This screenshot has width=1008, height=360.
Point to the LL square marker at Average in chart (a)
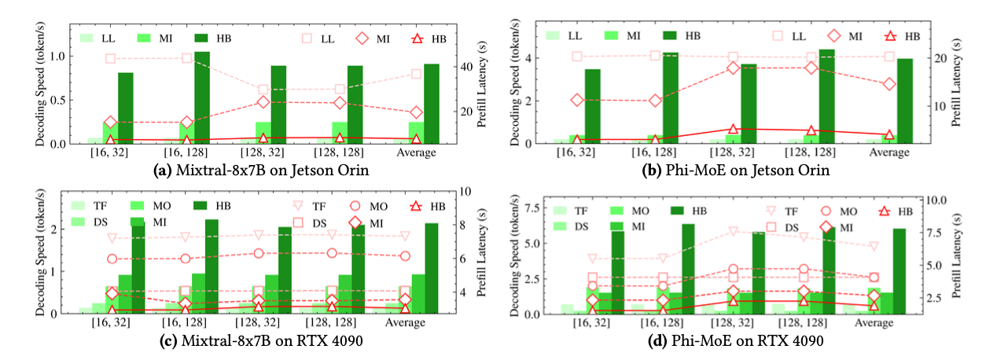(416, 74)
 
